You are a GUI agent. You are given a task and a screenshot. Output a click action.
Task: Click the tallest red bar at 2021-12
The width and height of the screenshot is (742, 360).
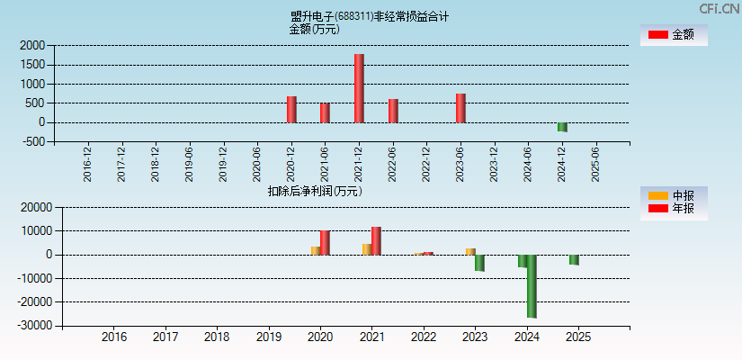coord(359,88)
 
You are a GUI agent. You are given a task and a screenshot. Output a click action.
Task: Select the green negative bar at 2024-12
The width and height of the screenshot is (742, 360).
coord(562,127)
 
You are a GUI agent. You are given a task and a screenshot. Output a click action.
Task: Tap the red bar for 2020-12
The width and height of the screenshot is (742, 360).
coord(291,109)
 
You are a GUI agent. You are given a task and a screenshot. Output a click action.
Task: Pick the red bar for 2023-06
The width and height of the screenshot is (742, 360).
coord(460,108)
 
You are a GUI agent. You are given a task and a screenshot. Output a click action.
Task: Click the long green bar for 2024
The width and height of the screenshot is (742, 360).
coord(532,286)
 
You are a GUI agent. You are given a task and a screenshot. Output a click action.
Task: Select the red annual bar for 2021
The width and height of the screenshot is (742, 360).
coord(376,240)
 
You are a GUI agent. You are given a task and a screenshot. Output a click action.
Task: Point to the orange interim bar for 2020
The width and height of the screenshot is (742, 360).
coord(316,250)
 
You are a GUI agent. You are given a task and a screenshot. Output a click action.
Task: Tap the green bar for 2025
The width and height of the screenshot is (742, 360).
coord(574,259)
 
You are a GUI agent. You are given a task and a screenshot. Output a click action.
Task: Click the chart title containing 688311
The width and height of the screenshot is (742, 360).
coord(370,16)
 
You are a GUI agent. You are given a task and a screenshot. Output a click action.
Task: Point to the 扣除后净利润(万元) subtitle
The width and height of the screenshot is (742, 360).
coord(315,191)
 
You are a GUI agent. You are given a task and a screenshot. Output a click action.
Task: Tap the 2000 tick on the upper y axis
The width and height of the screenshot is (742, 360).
coord(33,45)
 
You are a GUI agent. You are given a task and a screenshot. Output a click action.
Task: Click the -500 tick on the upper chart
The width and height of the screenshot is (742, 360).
coord(33,141)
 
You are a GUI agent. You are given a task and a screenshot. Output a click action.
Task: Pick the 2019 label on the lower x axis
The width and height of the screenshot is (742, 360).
coord(269,337)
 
